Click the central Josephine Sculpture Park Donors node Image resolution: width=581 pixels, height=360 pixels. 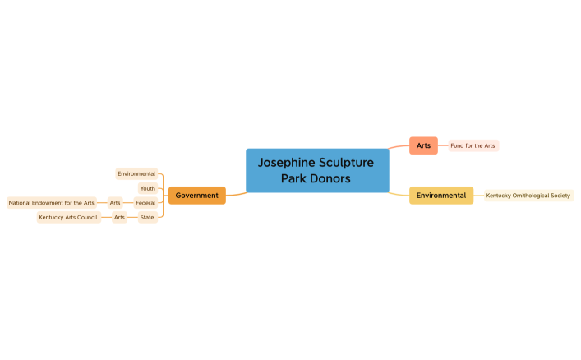317,170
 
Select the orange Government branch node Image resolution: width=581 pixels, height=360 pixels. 196,196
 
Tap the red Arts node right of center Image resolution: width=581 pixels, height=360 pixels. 423,145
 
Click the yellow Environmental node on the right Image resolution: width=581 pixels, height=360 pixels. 440,196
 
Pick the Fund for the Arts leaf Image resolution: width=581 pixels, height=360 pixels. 473,145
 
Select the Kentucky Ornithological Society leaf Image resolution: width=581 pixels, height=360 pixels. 528,196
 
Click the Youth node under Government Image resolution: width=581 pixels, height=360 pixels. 147,188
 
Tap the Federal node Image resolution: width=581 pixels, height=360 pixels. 145,202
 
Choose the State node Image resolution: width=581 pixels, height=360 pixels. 146,217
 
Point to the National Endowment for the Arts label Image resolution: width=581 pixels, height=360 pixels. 51,202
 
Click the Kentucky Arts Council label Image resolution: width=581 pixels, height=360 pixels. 67,217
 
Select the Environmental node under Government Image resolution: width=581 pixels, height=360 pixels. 136,173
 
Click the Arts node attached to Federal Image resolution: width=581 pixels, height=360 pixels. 115,202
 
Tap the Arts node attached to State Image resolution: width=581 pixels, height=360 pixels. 119,217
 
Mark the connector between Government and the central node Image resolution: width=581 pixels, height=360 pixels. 237,194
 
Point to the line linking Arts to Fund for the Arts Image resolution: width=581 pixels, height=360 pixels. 443,145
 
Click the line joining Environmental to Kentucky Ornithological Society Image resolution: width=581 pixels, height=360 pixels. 477,196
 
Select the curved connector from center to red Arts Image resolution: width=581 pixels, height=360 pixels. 399,148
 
